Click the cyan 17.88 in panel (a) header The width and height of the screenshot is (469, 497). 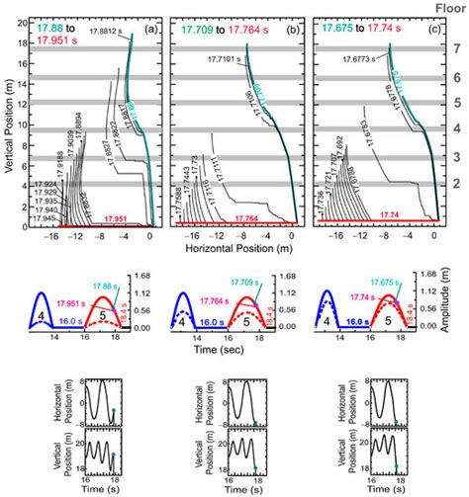tap(48, 24)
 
